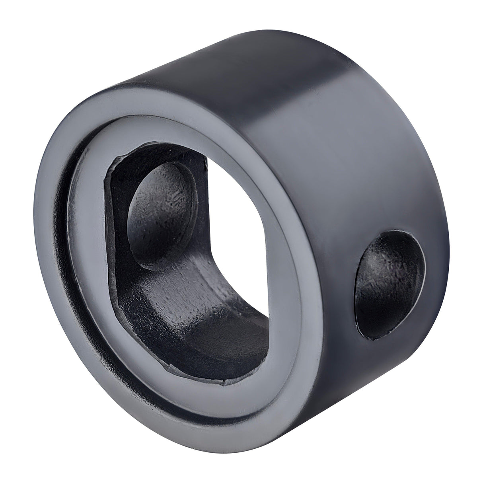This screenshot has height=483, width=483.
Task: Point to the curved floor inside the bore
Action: [191, 302]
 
